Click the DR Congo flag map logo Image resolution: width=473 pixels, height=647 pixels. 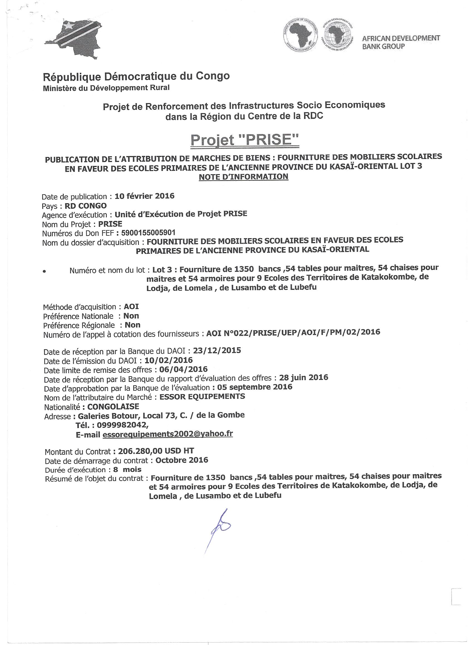click(73, 38)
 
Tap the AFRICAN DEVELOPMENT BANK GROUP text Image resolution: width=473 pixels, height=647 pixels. click(401, 42)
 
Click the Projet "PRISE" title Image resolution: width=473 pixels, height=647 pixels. click(245, 140)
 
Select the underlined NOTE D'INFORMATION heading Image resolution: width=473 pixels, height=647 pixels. click(243, 177)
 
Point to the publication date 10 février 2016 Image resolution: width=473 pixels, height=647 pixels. click(144, 196)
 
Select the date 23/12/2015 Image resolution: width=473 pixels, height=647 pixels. click(217, 350)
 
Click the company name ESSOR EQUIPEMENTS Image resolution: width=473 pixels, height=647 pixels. click(202, 396)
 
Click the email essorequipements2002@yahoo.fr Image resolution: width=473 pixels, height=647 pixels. click(167, 434)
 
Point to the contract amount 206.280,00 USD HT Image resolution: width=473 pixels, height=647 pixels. click(156, 451)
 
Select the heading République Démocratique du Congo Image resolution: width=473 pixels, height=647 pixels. click(136, 76)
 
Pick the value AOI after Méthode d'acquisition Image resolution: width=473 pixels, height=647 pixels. click(131, 307)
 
